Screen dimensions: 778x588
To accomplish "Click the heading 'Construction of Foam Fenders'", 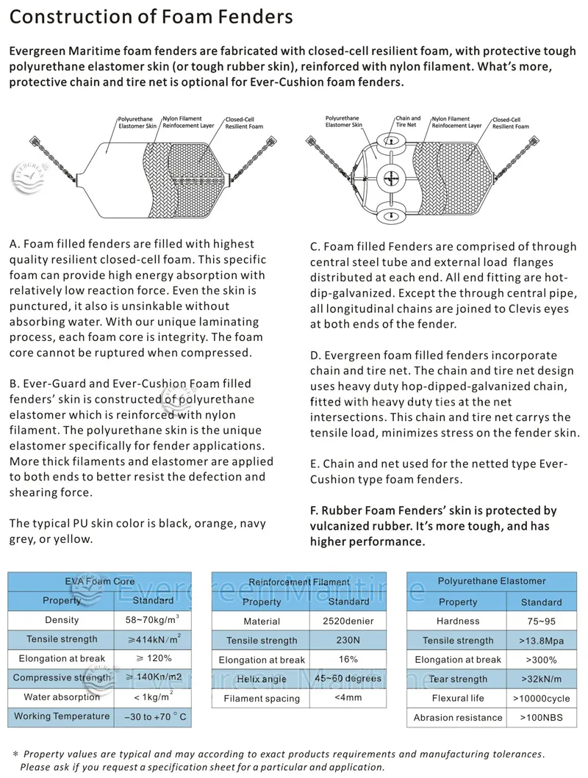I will pos(151,17).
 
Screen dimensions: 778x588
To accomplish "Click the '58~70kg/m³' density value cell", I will pos(153,620).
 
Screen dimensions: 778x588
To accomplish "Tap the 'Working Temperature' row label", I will pos(62,716).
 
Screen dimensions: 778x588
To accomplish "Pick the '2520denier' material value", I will pos(348,622).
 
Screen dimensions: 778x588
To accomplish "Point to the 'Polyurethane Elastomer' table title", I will pos(492,581).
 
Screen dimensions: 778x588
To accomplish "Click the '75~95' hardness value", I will pos(541,622).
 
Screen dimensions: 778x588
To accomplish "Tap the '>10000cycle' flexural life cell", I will pos(541,699).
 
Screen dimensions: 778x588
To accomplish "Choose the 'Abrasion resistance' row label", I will pos(458,718).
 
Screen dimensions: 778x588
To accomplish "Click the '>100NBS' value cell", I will pos(541,718).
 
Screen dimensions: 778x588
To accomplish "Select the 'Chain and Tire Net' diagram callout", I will pos(408,122).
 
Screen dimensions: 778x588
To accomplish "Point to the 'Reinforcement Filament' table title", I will pos(299,582).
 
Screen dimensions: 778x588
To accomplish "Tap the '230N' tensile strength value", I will pos(348,641).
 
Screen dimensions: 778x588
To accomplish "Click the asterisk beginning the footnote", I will pos(16,754).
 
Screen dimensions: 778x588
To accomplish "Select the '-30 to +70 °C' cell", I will pos(153,716).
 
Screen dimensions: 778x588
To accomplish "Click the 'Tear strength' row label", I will pos(458,680).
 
